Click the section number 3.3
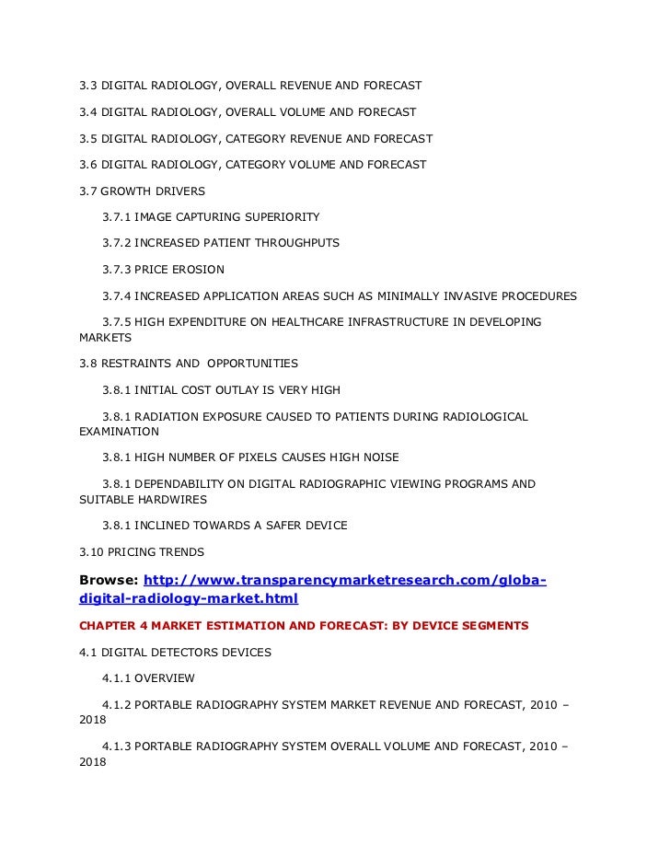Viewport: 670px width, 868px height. pyautogui.click(x=89, y=86)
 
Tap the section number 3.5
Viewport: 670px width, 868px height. pyautogui.click(x=89, y=139)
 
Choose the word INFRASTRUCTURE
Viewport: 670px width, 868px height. pyautogui.click(x=376, y=322)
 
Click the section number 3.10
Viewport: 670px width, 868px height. pyautogui.click(x=93, y=552)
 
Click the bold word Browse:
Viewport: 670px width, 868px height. pyautogui.click(x=110, y=580)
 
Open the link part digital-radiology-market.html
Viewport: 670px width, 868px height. pyautogui.click(x=189, y=598)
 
